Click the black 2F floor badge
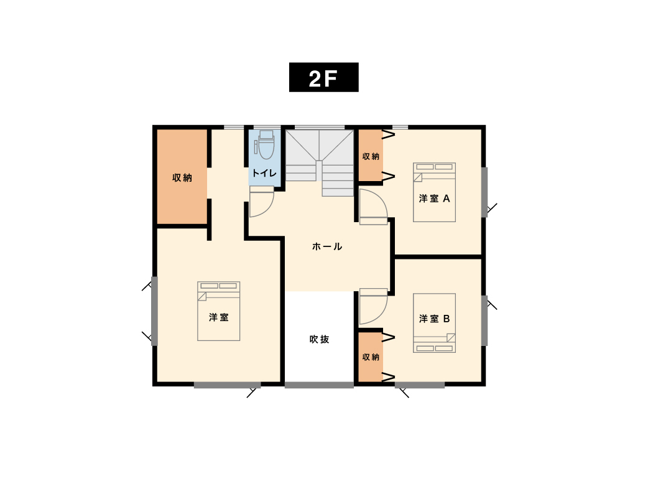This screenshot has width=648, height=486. click(323, 77)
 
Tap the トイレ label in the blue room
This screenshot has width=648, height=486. click(264, 173)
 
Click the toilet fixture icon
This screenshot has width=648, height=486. click(265, 145)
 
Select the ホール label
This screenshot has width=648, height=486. click(327, 246)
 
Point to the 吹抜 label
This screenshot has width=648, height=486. click(320, 339)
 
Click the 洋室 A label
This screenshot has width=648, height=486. click(434, 199)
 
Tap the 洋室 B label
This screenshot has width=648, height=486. click(434, 319)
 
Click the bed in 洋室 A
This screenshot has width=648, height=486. click(434, 192)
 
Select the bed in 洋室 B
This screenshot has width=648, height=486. click(434, 323)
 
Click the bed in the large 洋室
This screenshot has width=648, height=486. click(219, 311)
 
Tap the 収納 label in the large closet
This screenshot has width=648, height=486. click(182, 178)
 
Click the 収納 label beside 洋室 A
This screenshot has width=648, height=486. click(371, 156)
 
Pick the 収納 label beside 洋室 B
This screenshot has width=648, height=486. click(371, 357)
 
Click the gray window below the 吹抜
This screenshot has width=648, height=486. click(319, 385)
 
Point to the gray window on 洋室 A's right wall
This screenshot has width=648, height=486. click(484, 192)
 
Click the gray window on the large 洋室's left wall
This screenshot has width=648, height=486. click(155, 311)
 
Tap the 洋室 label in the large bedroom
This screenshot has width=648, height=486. click(219, 317)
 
